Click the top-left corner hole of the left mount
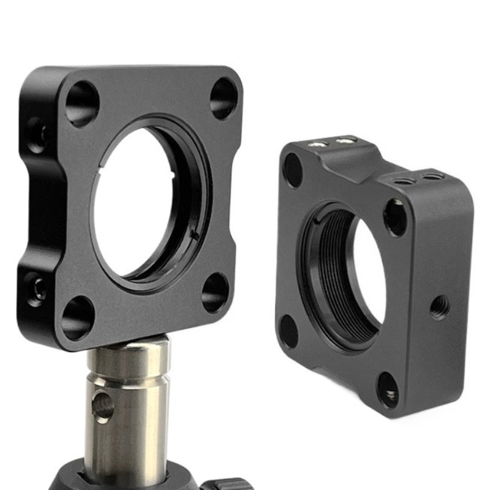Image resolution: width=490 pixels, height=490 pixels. (x=82, y=104)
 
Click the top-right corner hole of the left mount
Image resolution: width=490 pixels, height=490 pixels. (x=223, y=98)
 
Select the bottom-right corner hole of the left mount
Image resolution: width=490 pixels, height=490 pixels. (x=215, y=292)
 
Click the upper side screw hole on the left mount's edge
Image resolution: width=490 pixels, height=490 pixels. (x=37, y=134)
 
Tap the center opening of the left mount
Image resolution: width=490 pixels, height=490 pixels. (x=147, y=202)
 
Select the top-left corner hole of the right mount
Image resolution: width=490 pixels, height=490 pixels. (x=293, y=170)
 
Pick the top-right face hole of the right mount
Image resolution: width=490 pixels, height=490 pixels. (x=396, y=217)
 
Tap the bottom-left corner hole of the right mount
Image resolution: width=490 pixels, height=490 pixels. (x=288, y=331)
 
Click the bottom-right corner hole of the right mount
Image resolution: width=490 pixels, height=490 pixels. (x=388, y=390)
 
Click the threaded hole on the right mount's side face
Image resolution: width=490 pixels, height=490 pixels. (x=439, y=307)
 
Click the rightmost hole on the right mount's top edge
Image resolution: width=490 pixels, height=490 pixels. (x=432, y=178)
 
